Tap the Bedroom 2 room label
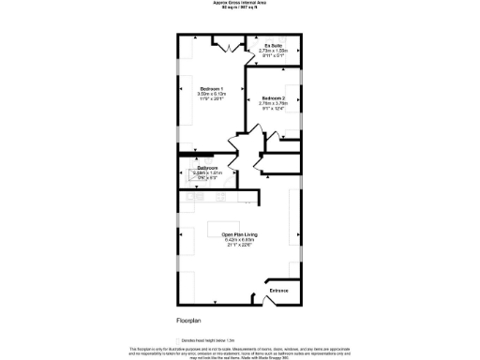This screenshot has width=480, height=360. [x=274, y=98]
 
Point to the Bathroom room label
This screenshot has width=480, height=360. [x=207, y=169]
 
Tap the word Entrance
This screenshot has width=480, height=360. [x=279, y=292]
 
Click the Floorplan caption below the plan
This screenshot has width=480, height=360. [x=189, y=320]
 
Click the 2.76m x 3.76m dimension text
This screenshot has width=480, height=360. [x=274, y=104]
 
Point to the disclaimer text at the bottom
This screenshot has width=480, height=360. [x=239, y=351]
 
